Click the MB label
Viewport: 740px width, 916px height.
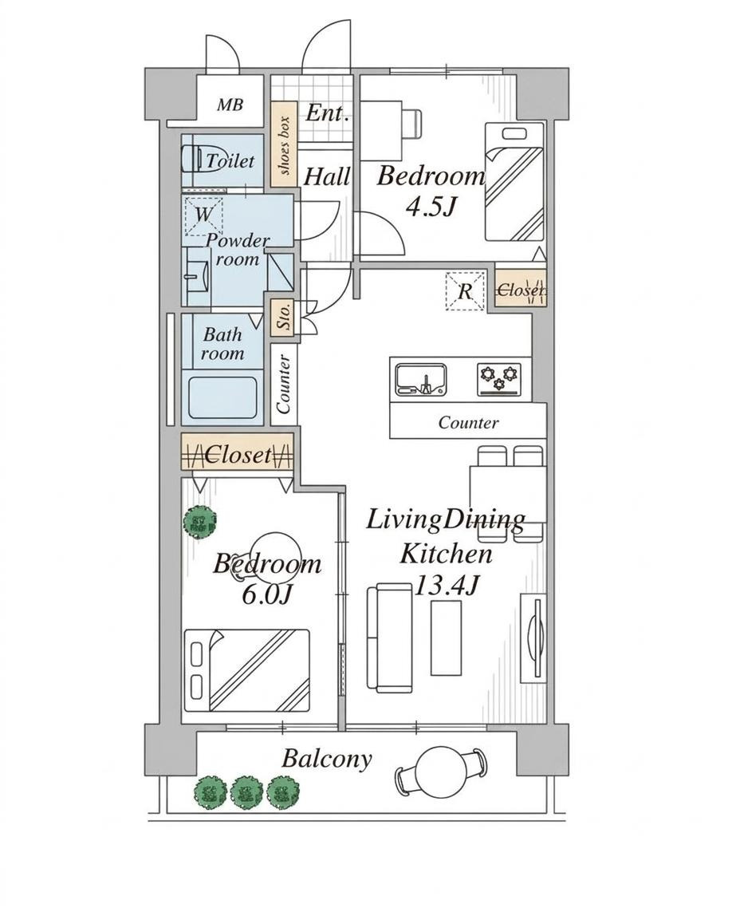[230, 105]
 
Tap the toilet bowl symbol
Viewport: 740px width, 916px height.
[191, 159]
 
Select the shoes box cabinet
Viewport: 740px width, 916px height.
[284, 145]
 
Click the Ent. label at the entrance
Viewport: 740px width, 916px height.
[327, 113]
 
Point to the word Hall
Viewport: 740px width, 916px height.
[327, 176]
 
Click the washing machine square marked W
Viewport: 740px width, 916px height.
[203, 214]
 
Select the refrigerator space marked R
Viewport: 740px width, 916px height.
[465, 290]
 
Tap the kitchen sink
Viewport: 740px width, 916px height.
[421, 379]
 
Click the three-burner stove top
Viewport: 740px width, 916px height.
[499, 379]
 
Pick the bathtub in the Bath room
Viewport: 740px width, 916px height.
[223, 397]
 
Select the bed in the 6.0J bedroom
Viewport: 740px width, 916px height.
[246, 670]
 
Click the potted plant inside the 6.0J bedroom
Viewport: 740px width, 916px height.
[199, 521]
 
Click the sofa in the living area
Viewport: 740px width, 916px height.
[388, 638]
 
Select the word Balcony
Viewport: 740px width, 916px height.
[327, 759]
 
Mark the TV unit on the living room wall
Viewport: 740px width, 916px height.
[533, 638]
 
